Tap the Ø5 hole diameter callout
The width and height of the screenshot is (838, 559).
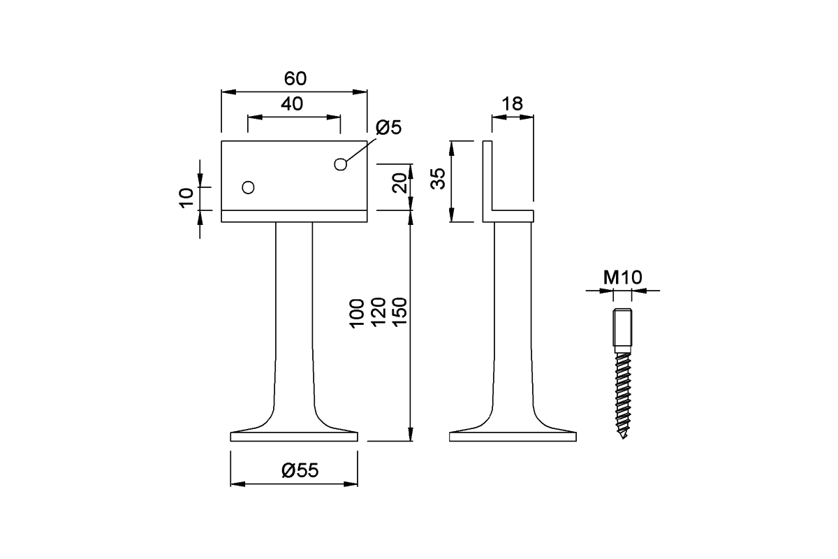point(388,128)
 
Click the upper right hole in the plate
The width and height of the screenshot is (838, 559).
point(340,164)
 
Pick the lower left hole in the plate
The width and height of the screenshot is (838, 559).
point(247,187)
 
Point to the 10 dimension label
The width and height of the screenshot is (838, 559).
point(186,198)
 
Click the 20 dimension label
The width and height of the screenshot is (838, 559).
point(399,183)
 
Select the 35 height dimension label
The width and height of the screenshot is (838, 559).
point(438,179)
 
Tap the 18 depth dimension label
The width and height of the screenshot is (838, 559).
point(512,104)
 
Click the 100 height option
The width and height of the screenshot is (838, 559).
point(357,313)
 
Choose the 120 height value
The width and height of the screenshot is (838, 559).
point(378,313)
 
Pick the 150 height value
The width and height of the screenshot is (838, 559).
point(399,313)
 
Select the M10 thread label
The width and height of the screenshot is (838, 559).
point(622,277)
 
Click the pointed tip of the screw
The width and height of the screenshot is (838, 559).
point(623,437)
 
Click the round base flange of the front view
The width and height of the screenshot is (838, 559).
point(294,437)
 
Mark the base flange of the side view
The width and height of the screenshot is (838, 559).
point(513,437)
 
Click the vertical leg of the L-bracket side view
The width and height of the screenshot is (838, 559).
point(487,178)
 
